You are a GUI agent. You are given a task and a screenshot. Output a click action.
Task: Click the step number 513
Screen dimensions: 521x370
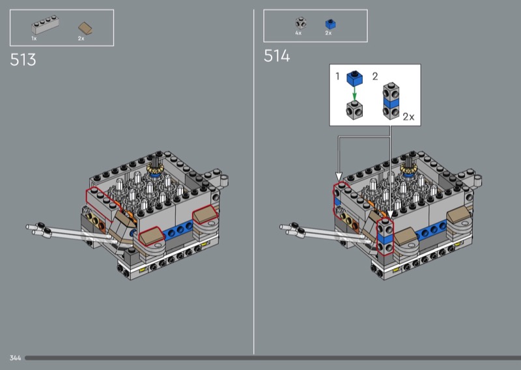click(23, 60)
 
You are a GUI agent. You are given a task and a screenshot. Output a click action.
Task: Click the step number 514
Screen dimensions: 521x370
click(277, 56)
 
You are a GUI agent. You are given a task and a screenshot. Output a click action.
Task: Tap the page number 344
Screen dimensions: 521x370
click(15, 358)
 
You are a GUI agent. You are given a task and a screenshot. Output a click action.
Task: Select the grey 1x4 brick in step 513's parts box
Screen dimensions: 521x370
click(46, 25)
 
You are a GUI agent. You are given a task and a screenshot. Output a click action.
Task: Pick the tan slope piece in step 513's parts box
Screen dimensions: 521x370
click(85, 29)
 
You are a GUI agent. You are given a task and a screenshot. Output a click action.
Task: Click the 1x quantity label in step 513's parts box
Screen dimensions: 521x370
click(34, 38)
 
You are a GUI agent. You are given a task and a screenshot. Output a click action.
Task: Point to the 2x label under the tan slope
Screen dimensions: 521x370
click(81, 38)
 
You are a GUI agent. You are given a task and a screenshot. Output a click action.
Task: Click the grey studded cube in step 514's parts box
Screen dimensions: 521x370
click(301, 23)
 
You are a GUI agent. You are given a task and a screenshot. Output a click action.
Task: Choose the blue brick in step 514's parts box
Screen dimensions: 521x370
click(330, 24)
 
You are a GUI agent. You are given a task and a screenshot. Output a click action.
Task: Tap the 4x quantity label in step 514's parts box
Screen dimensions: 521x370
click(298, 33)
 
